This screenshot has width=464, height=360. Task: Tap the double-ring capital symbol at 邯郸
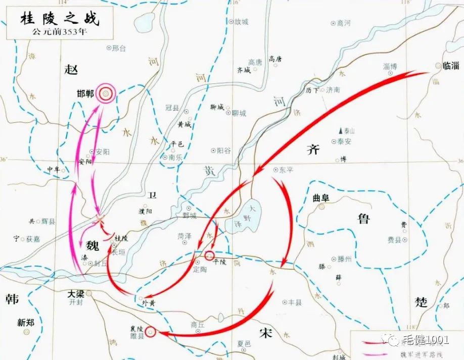tap(106, 93)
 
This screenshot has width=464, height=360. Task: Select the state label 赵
tap(71, 70)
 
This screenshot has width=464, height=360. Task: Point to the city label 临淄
tap(450, 65)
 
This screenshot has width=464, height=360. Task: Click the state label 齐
tap(313, 150)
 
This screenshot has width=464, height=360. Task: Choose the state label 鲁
tap(363, 219)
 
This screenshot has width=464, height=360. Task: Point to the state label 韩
tap(12, 298)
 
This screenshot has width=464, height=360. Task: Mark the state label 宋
tap(265, 333)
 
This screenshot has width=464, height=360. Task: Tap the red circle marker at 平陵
tap(209, 254)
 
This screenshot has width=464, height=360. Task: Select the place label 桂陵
tap(121, 237)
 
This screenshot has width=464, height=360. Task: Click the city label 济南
tap(333, 90)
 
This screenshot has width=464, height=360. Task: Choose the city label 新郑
tap(26, 322)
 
